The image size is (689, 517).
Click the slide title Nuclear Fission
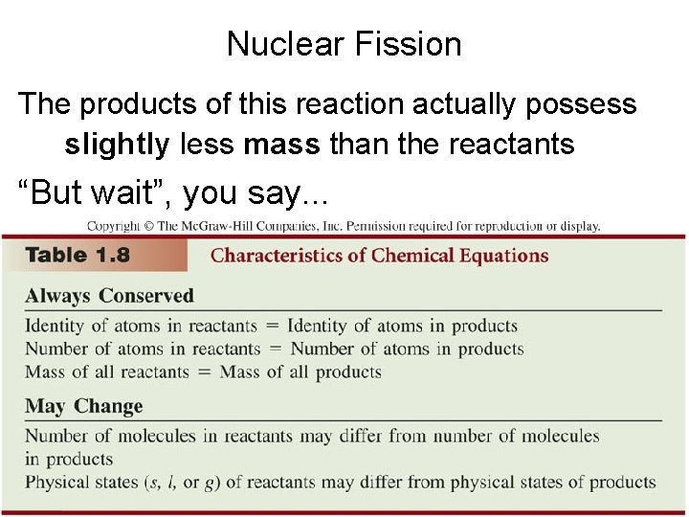pyautogui.click(x=344, y=44)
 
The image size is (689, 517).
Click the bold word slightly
pyautogui.click(x=117, y=145)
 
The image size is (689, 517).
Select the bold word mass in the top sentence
pyautogui.click(x=281, y=145)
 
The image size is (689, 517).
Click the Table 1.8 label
pyautogui.click(x=78, y=256)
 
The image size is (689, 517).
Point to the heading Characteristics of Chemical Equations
pyautogui.click(x=379, y=256)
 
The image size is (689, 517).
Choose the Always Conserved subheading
pyautogui.click(x=109, y=296)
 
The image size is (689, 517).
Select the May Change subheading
pyautogui.click(x=83, y=406)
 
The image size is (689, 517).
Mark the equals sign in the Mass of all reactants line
pyautogui.click(x=204, y=372)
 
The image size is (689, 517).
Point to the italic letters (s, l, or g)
pyautogui.click(x=186, y=483)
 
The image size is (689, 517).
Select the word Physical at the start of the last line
pyautogui.click(x=57, y=483)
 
